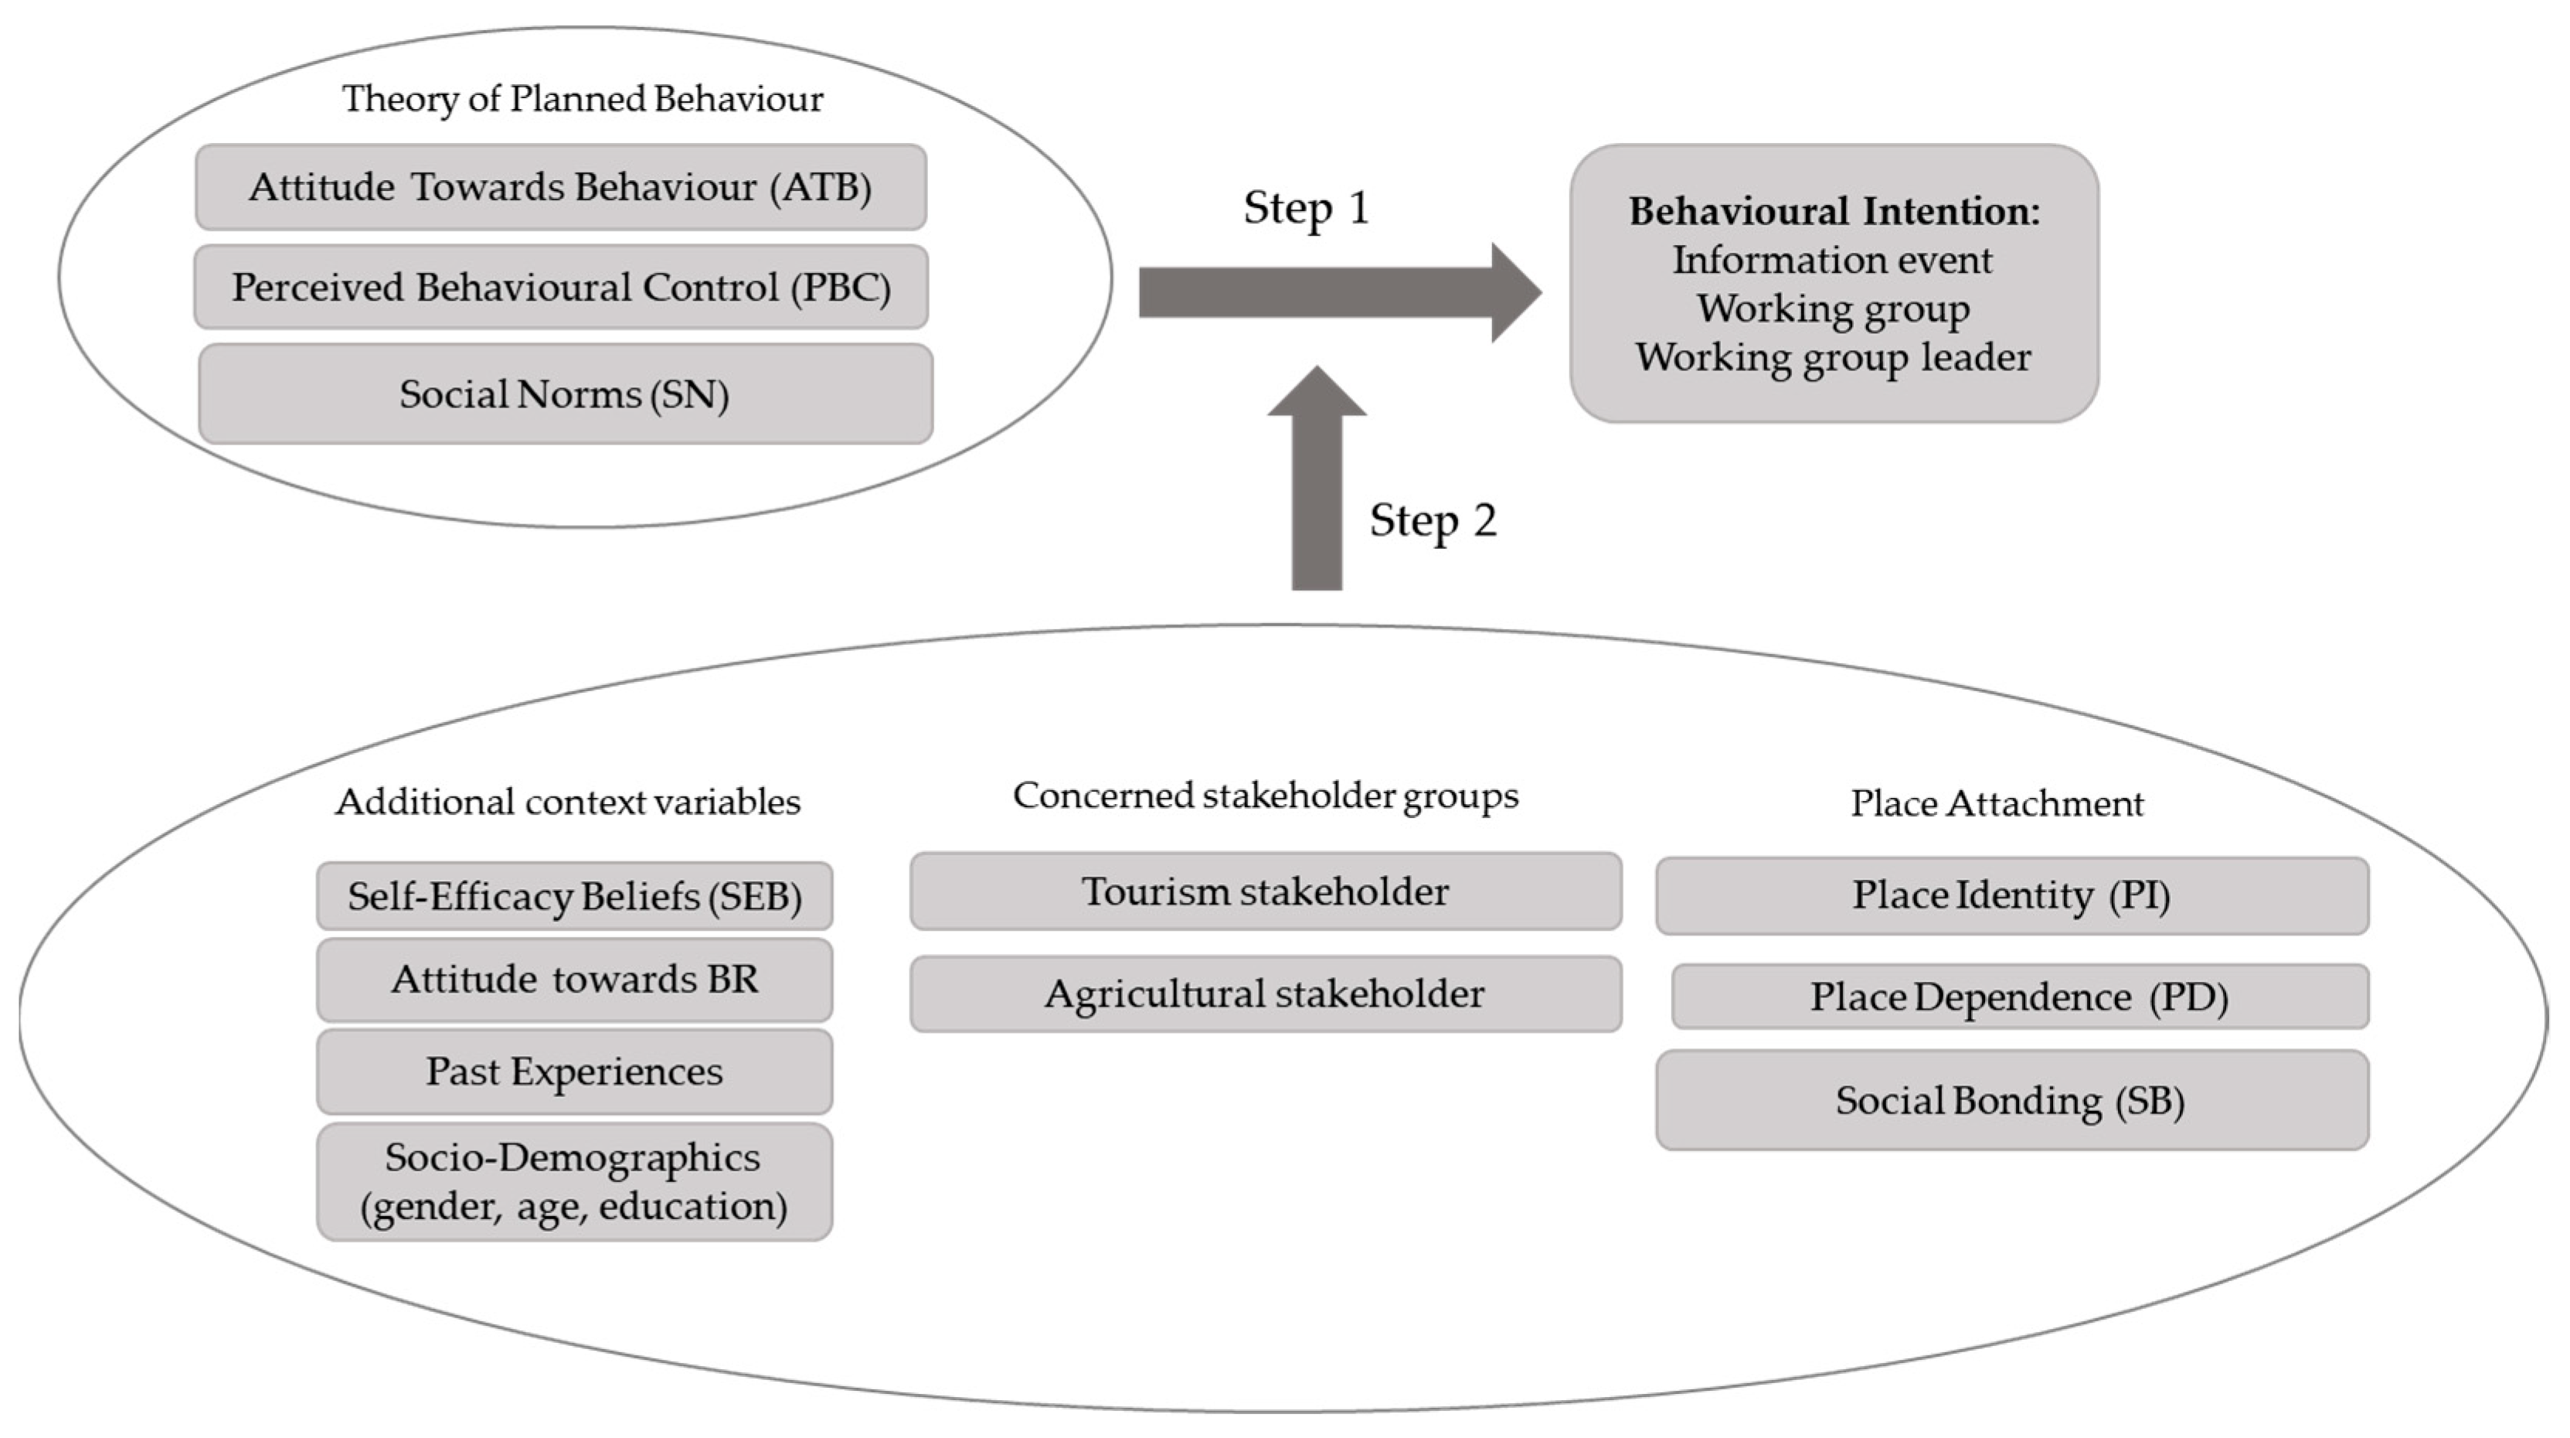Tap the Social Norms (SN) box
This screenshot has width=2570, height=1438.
(565, 394)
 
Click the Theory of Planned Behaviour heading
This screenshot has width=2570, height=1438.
(583, 99)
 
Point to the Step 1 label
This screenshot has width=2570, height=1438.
(1306, 207)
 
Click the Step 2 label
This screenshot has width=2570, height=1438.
(1433, 520)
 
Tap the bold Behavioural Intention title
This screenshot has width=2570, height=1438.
(1834, 212)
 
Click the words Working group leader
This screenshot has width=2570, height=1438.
(1834, 357)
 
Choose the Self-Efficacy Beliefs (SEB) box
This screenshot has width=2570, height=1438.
(575, 896)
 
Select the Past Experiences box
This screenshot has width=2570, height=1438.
(575, 1072)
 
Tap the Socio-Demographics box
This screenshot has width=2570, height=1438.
(575, 1181)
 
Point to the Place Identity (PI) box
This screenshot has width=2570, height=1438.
(2011, 895)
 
